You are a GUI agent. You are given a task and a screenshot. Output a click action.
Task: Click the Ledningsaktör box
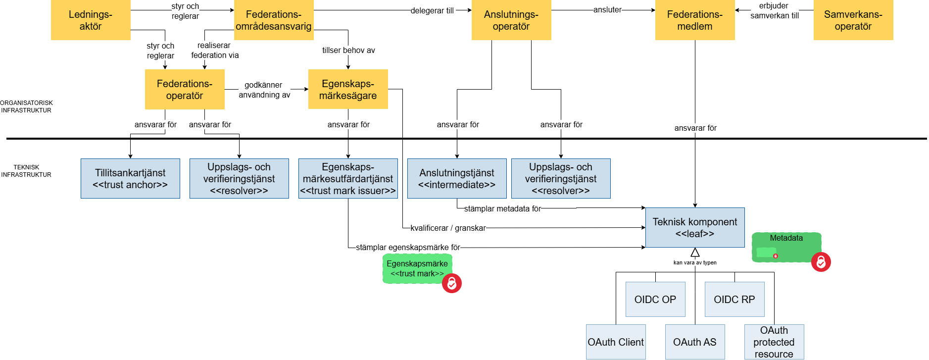click(91, 20)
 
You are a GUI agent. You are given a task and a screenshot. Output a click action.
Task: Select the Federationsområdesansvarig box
click(274, 20)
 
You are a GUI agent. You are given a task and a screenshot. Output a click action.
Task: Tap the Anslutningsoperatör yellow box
click(511, 20)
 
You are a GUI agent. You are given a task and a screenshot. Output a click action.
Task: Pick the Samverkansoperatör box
click(853, 20)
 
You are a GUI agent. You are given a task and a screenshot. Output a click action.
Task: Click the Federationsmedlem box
click(695, 20)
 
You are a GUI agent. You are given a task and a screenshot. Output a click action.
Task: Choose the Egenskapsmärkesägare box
click(348, 89)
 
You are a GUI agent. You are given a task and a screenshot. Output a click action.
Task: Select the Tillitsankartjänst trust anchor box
click(130, 179)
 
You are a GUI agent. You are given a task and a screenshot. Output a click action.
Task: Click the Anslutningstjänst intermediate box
click(457, 179)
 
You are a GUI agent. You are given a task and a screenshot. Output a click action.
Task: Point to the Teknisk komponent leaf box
click(695, 228)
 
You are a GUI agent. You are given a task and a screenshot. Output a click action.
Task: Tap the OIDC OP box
click(655, 300)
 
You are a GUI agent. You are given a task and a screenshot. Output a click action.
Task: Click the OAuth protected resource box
click(774, 342)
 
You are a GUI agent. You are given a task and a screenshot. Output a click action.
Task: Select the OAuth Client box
click(616, 342)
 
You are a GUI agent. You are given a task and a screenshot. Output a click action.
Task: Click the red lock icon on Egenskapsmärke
click(452, 283)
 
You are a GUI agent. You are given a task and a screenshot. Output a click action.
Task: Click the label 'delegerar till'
click(432, 10)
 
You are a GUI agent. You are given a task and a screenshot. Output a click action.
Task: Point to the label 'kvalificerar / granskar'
click(448, 228)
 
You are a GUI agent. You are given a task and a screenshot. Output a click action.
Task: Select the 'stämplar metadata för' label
click(502, 208)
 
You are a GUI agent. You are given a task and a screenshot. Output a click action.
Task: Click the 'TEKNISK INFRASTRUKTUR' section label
click(26, 171)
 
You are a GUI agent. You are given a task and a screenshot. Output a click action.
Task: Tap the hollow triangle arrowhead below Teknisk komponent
click(695, 253)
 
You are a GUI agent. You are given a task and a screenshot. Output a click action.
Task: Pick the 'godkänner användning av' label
click(264, 90)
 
